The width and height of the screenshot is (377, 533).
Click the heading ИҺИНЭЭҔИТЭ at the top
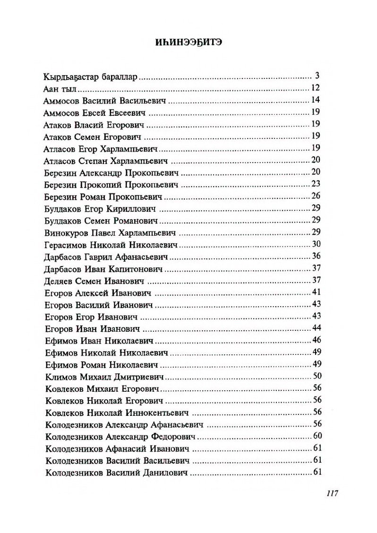[188, 42]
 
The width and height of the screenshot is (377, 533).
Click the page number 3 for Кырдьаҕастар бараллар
[318, 76]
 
